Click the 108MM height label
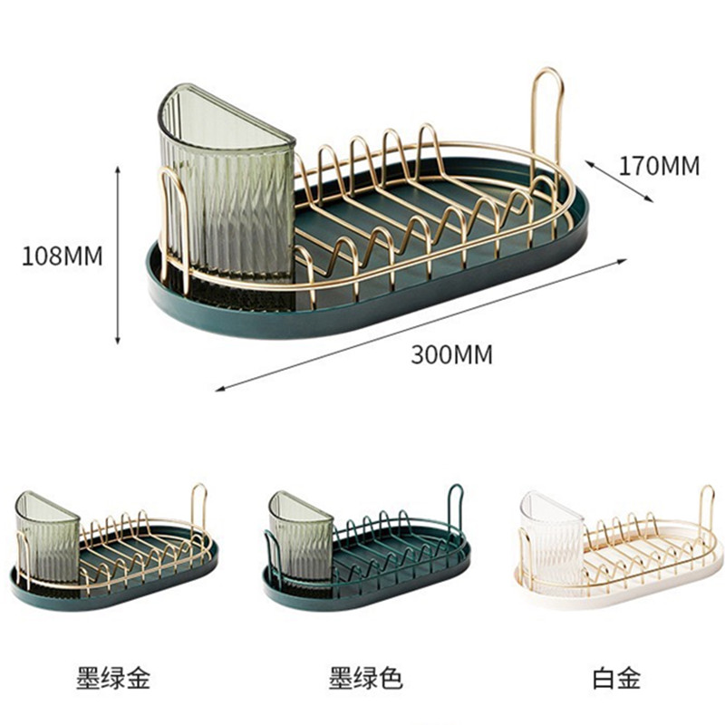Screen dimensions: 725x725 (x=63, y=256)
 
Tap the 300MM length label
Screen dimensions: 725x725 (x=451, y=354)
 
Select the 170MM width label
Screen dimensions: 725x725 (x=660, y=166)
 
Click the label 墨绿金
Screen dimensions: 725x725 (x=112, y=677)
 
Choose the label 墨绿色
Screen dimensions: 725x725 (x=365, y=677)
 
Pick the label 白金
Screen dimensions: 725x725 (x=616, y=677)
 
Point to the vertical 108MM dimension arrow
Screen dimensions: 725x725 (x=118, y=254)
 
